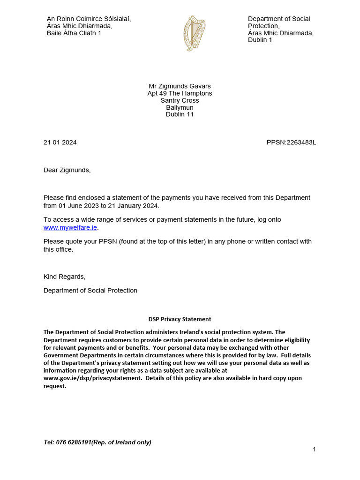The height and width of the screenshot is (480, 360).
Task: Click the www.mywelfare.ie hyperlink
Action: click(70, 227)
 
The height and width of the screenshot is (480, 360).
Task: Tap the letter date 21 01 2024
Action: click(60, 142)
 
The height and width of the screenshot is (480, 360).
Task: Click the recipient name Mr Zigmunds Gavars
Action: click(180, 86)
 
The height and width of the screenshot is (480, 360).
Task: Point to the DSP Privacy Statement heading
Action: click(180, 319)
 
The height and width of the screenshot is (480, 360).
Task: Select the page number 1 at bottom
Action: click(314, 450)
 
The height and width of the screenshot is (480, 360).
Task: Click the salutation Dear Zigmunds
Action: click(67, 170)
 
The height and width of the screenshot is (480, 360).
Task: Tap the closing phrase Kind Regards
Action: click(64, 277)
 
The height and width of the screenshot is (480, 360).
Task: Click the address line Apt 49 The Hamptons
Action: click(180, 93)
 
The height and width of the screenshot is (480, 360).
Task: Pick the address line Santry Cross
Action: click(180, 100)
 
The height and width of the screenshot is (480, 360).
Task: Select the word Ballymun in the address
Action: click(180, 107)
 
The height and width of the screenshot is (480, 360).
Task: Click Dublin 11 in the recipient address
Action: click(180, 114)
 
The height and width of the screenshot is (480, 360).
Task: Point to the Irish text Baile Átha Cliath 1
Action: click(74, 33)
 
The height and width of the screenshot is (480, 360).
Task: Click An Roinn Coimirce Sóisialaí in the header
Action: click(89, 19)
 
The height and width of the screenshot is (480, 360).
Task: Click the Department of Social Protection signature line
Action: click(90, 290)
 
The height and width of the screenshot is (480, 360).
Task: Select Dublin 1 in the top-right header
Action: click(260, 40)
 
